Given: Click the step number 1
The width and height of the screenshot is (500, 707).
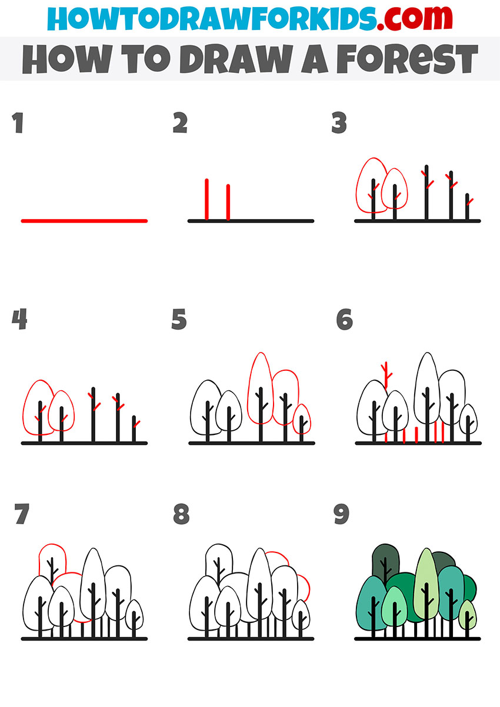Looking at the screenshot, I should [x=18, y=124].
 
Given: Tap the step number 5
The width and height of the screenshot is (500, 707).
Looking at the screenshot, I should [x=179, y=320].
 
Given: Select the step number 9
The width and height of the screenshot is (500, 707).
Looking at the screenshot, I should [x=341, y=515].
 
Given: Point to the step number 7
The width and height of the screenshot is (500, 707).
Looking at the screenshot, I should [x=21, y=515].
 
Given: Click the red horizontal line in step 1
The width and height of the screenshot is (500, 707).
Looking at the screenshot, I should [x=84, y=221].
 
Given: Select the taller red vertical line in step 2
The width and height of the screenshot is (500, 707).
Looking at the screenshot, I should [x=207, y=200].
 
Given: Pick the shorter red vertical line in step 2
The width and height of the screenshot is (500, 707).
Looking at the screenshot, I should [x=228, y=203].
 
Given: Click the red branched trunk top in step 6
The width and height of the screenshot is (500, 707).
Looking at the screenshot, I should [x=385, y=373].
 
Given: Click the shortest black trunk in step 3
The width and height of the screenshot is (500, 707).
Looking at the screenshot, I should [x=467, y=209].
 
